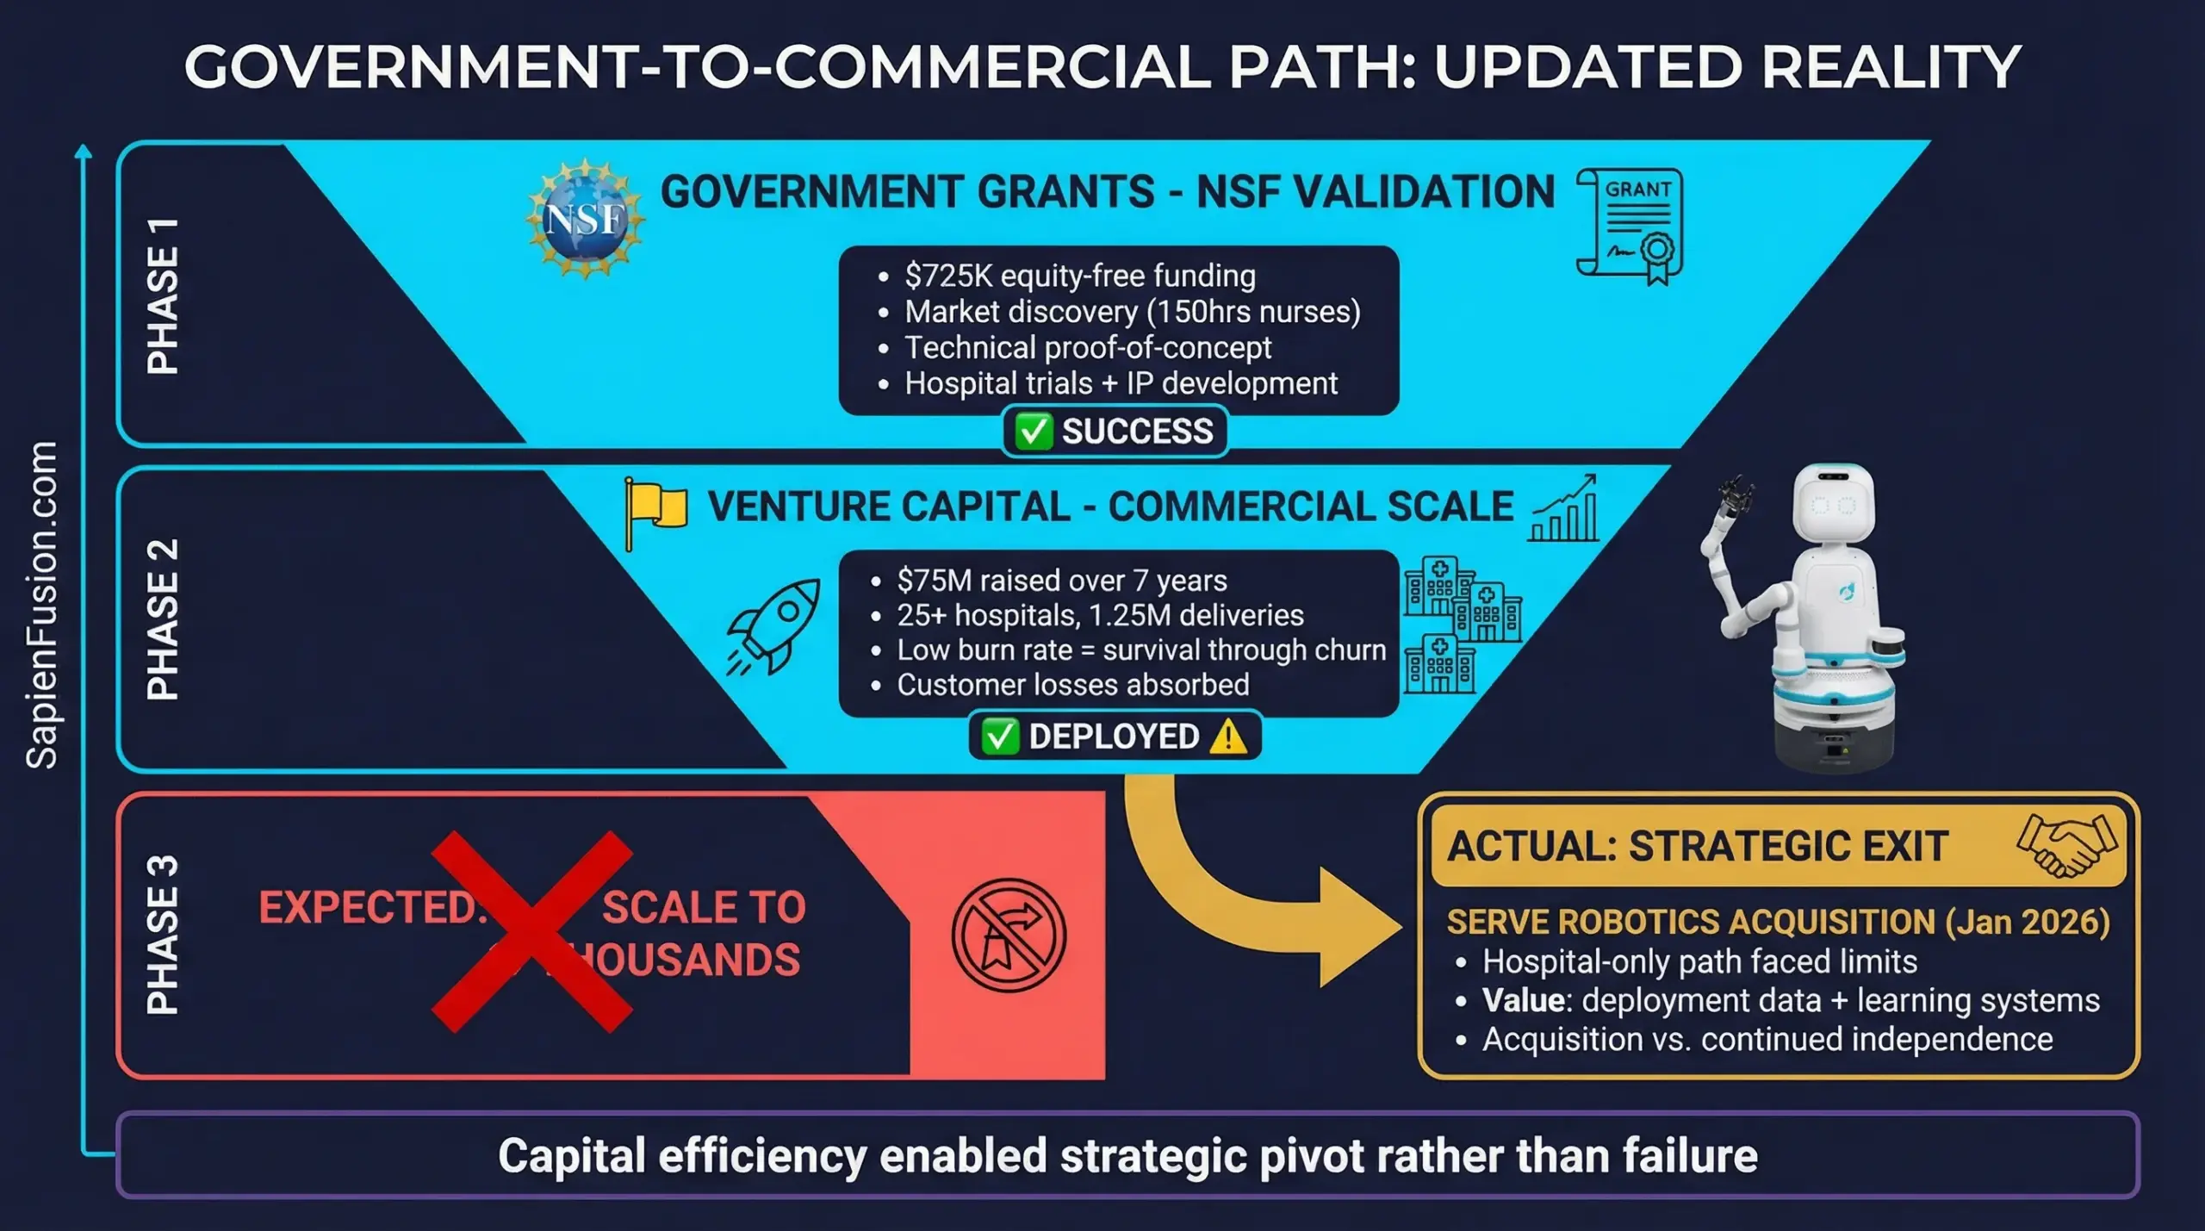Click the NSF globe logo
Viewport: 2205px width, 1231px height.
coord(586,218)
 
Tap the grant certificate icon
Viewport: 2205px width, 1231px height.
coord(1630,226)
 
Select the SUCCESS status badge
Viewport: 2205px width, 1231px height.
coord(1115,431)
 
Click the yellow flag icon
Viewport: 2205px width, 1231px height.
coord(655,511)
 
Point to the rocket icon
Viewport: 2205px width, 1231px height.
coord(774,626)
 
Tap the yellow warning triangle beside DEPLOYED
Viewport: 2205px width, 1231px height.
coord(1227,737)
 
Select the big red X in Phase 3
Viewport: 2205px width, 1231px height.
coord(532,931)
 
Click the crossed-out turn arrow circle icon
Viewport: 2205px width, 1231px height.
coord(1009,935)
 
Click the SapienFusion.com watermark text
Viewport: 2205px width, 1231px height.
coord(42,605)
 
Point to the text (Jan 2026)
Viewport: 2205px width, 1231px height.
coord(2028,922)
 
